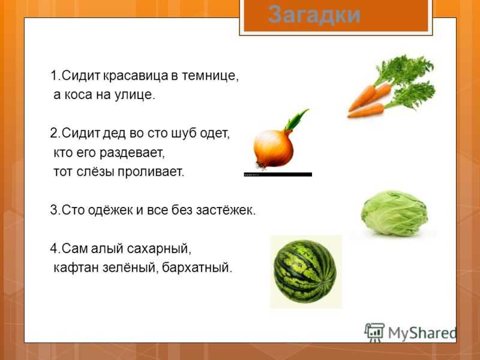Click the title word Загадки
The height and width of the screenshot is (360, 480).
(x=314, y=14)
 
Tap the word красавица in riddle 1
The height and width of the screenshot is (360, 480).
(x=135, y=76)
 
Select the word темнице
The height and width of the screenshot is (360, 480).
(x=210, y=76)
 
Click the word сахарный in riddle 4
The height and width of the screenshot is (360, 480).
(x=158, y=248)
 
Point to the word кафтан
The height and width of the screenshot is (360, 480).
(x=76, y=267)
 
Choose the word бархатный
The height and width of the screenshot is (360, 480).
(x=197, y=267)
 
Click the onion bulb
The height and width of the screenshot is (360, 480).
(x=274, y=149)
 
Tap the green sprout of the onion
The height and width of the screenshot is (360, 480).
(x=296, y=121)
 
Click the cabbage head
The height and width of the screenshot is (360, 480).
(x=394, y=214)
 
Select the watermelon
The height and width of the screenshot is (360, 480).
(x=305, y=272)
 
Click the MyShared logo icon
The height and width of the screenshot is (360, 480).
(x=374, y=332)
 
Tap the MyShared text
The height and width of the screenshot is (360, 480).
(x=422, y=333)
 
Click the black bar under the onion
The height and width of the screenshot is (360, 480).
(x=278, y=175)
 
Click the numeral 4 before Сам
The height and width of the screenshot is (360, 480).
(x=54, y=248)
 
